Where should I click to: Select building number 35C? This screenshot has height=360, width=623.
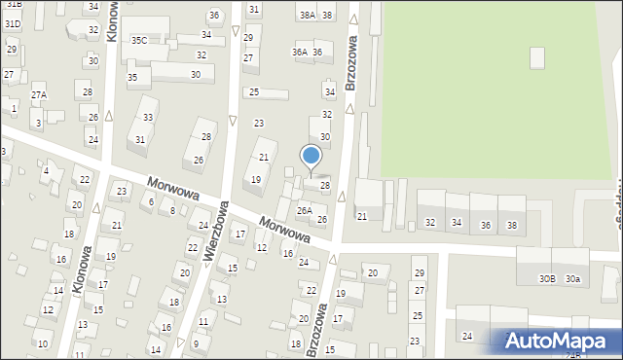tap(139, 40)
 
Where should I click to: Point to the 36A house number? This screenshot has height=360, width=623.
tap(300, 52)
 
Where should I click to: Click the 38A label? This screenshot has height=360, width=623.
tap(307, 15)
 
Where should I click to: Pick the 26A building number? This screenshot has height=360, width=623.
tap(305, 210)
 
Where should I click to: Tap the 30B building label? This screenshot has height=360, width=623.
tap(547, 279)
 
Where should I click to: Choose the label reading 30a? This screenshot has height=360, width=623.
tap(573, 279)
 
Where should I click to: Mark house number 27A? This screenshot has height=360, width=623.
tap(38, 95)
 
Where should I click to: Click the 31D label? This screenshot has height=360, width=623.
tap(12, 23)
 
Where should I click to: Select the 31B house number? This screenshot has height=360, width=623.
tap(13, 5)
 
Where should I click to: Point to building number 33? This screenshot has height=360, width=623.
tap(148, 118)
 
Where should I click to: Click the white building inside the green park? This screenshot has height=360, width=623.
tap(537, 57)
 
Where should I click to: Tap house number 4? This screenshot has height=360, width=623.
tap(46, 171)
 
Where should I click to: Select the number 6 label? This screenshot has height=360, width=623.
tap(151, 201)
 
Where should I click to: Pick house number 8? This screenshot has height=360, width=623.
tap(172, 210)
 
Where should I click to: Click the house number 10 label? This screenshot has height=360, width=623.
tap(42, 343)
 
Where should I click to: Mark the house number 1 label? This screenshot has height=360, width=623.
tap(15, 108)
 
